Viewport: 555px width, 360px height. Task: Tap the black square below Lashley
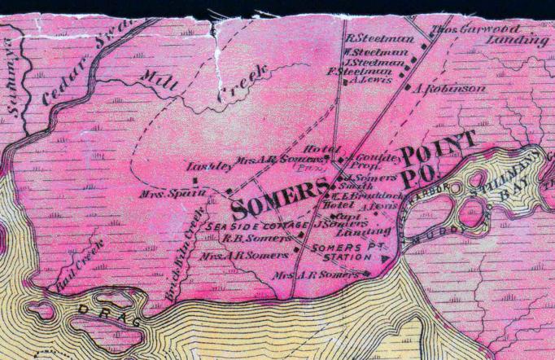(x=194, y=179)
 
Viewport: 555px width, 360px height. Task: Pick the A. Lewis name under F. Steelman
(x=372, y=81)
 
